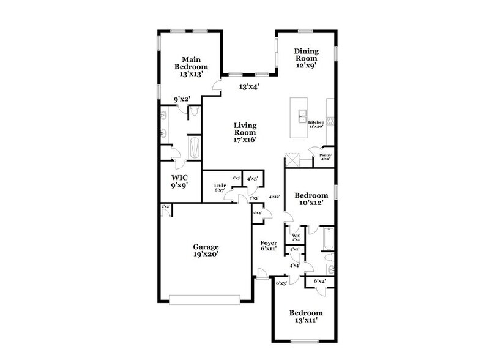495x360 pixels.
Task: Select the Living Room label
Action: click(x=244, y=132)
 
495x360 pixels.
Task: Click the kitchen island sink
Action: click(x=302, y=114)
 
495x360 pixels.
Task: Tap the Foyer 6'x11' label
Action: click(x=269, y=245)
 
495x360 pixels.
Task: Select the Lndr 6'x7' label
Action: click(x=220, y=187)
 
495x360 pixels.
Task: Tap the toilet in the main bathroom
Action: click(x=193, y=111)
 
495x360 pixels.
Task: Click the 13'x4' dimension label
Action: click(x=248, y=87)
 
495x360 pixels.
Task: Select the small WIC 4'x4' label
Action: click(x=296, y=237)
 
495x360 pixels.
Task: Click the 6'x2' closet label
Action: click(x=319, y=281)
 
